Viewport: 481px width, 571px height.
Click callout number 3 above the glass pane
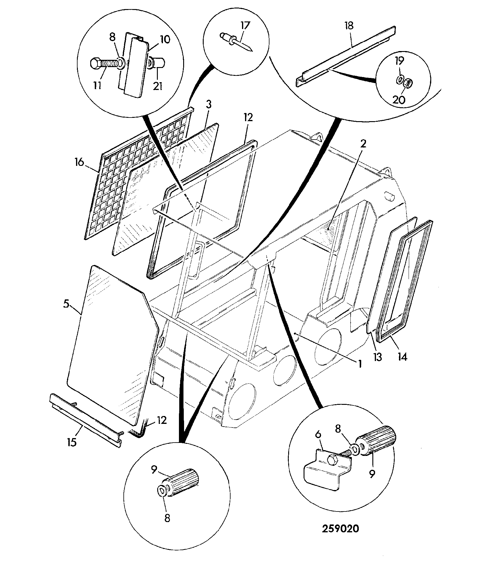coord(209,105)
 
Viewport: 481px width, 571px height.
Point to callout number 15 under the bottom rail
coord(72,442)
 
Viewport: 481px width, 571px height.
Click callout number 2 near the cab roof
coord(363,144)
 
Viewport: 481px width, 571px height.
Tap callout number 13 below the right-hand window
coord(377,357)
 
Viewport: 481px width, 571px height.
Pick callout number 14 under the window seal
coord(403,357)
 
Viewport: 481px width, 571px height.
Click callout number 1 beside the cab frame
coord(359,364)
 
